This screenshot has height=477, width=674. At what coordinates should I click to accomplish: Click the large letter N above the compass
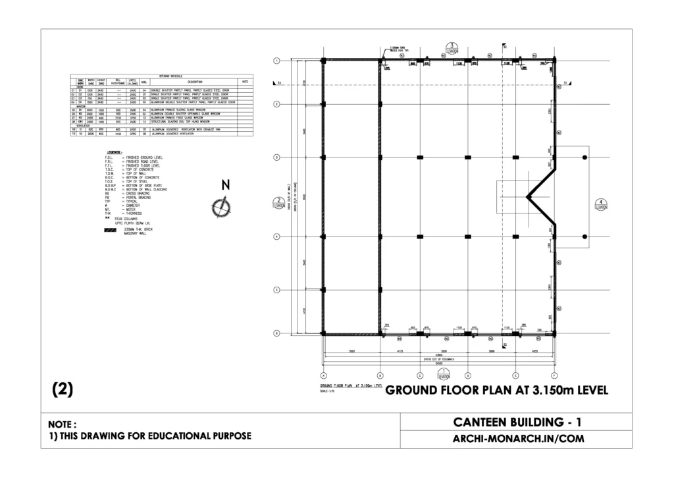(225, 185)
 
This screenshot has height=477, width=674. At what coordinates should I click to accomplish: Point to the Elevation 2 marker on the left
(279, 203)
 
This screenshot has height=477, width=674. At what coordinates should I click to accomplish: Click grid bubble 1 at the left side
(278, 61)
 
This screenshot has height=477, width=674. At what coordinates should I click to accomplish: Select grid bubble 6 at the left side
(278, 333)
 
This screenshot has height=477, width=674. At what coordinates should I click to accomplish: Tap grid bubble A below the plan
(323, 375)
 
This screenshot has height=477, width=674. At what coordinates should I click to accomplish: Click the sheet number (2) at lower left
(62, 389)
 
